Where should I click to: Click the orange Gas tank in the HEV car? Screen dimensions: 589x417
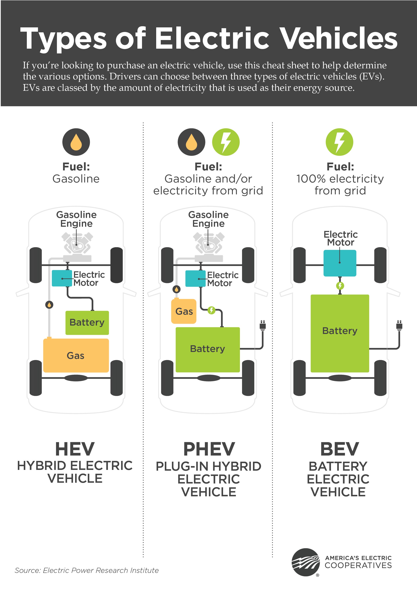pyautogui.click(x=76, y=355)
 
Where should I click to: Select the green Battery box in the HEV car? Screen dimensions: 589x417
pyautogui.click(x=87, y=322)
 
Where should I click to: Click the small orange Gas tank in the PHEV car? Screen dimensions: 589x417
pyautogui.click(x=184, y=311)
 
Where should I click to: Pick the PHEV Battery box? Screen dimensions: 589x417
pyautogui.click(x=208, y=349)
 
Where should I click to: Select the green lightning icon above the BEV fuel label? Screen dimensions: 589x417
pyautogui.click(x=339, y=142)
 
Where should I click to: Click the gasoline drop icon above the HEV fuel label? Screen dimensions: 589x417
pyautogui.click(x=76, y=142)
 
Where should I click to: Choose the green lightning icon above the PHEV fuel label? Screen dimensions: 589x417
pyautogui.click(x=226, y=142)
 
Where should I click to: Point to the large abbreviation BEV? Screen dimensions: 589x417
pyautogui.click(x=339, y=449)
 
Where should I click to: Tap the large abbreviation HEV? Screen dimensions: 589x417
pyautogui.click(x=75, y=449)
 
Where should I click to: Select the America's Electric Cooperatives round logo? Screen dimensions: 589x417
pyautogui.click(x=305, y=562)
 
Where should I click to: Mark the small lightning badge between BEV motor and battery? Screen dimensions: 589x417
pyautogui.click(x=340, y=286)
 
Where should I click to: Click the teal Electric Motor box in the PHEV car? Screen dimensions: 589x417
pyautogui.click(x=195, y=278)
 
